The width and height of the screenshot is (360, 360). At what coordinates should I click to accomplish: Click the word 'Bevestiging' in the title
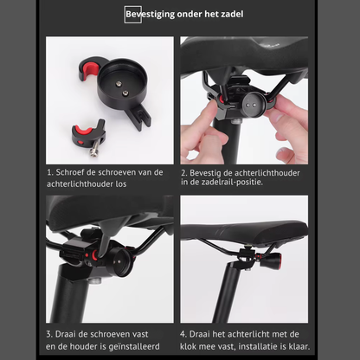[150, 15]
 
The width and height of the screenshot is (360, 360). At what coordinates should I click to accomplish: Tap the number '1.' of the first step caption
[50, 172]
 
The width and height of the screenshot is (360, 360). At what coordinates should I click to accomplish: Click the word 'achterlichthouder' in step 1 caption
[80, 184]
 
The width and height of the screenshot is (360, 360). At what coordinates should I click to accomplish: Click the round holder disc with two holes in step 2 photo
[253, 105]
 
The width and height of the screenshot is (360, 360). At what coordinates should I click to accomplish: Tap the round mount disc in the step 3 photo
[119, 262]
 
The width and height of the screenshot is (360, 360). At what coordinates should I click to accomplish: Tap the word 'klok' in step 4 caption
[188, 346]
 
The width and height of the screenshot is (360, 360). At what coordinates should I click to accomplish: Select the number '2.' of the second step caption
[184, 173]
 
